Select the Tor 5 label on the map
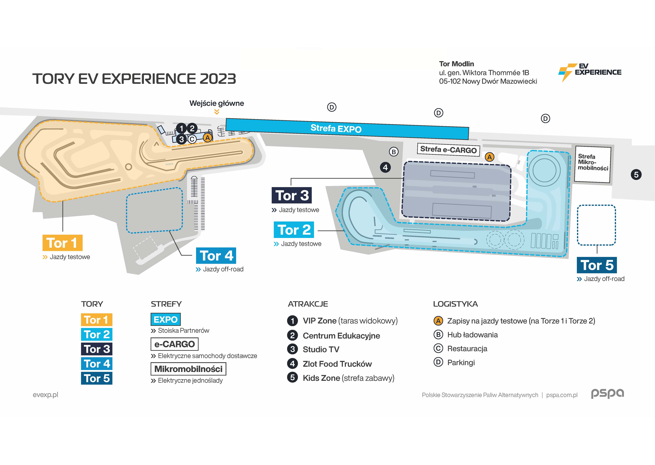pos(597,265)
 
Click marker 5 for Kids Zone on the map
pos(636,175)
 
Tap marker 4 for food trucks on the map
pos(385,167)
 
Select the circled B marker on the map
pos(394,152)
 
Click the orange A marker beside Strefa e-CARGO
pos(490,157)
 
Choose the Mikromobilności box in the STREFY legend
pos(188,369)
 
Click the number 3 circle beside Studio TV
pos(292,349)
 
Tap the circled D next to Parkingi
pos(438,362)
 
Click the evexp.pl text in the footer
pos(45,395)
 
